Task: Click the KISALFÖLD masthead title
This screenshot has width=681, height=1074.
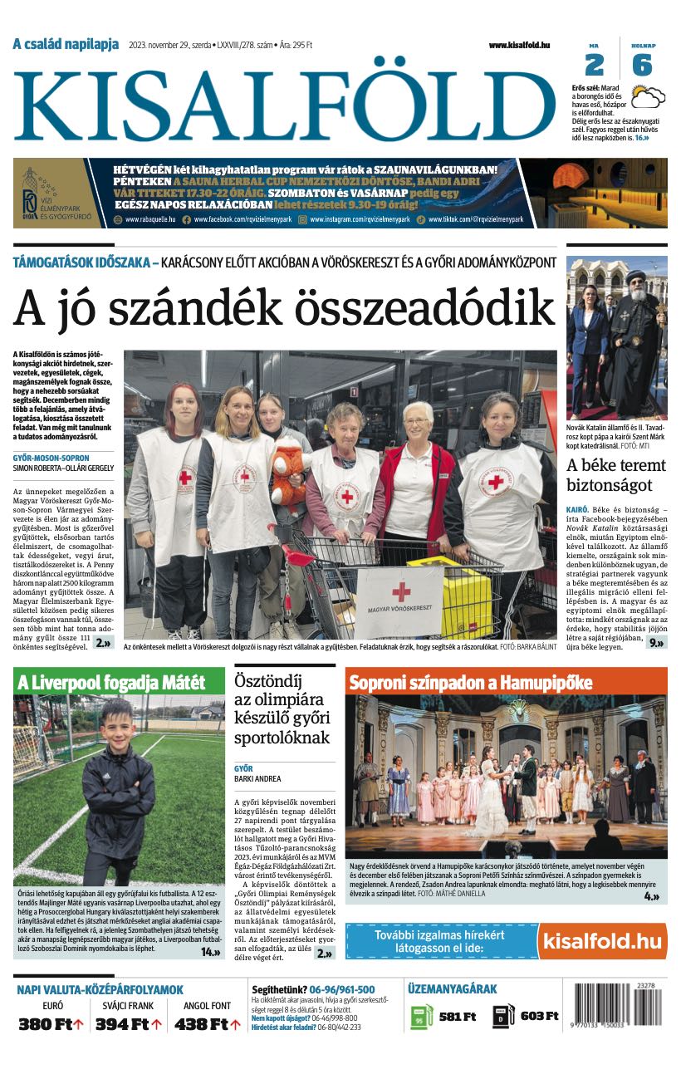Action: tap(282, 102)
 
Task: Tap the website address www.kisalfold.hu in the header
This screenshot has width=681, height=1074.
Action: tap(519, 45)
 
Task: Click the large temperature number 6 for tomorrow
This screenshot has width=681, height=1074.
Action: tap(641, 65)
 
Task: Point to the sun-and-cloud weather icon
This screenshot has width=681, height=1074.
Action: tap(648, 96)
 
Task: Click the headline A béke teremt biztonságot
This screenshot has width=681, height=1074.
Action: tap(615, 474)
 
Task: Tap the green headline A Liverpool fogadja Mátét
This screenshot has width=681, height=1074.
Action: tap(110, 683)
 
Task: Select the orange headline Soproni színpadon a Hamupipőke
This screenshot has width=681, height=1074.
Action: tap(471, 683)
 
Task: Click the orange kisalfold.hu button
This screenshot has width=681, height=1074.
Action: tap(601, 941)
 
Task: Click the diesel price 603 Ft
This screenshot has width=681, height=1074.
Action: tap(539, 1016)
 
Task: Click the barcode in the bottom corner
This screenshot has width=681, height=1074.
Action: tap(618, 1006)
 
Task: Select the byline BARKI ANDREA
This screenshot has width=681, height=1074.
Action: tap(257, 779)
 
